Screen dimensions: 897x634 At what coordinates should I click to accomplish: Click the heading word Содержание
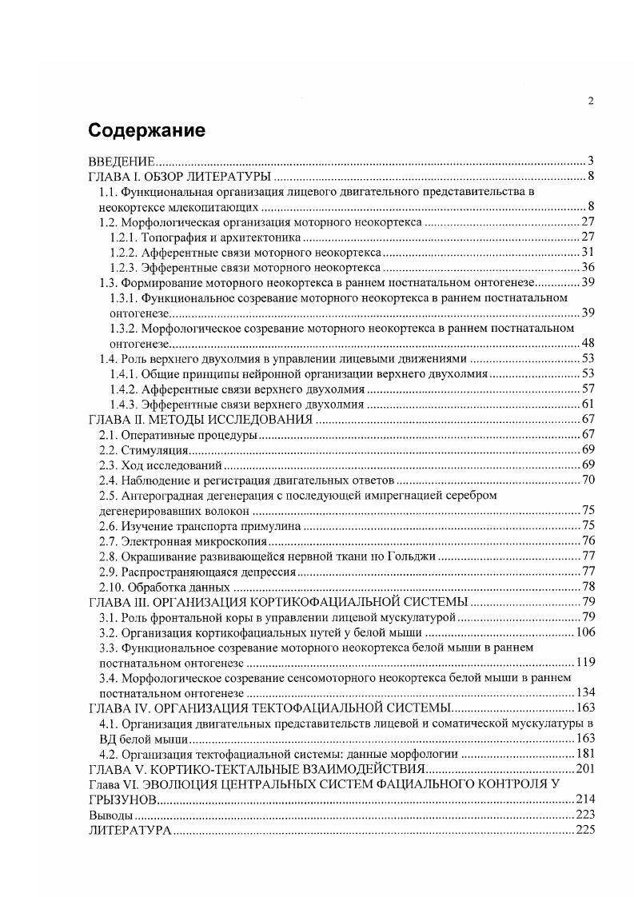(146, 130)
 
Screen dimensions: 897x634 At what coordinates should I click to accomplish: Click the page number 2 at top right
(590, 100)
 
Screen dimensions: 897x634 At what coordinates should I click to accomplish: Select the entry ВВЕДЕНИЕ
(122, 161)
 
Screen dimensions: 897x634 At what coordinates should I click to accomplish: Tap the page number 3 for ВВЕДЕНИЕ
(590, 161)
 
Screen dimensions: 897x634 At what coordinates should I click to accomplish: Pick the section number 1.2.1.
(125, 237)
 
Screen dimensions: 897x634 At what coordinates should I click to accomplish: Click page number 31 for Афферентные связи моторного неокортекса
(587, 253)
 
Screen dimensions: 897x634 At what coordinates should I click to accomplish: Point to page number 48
(587, 344)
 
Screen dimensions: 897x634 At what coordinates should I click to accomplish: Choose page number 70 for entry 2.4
(587, 480)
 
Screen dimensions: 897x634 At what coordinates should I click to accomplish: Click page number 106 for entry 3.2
(584, 632)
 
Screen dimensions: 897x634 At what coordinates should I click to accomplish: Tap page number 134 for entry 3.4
(584, 693)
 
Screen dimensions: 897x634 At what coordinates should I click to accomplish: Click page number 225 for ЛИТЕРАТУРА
(584, 830)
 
